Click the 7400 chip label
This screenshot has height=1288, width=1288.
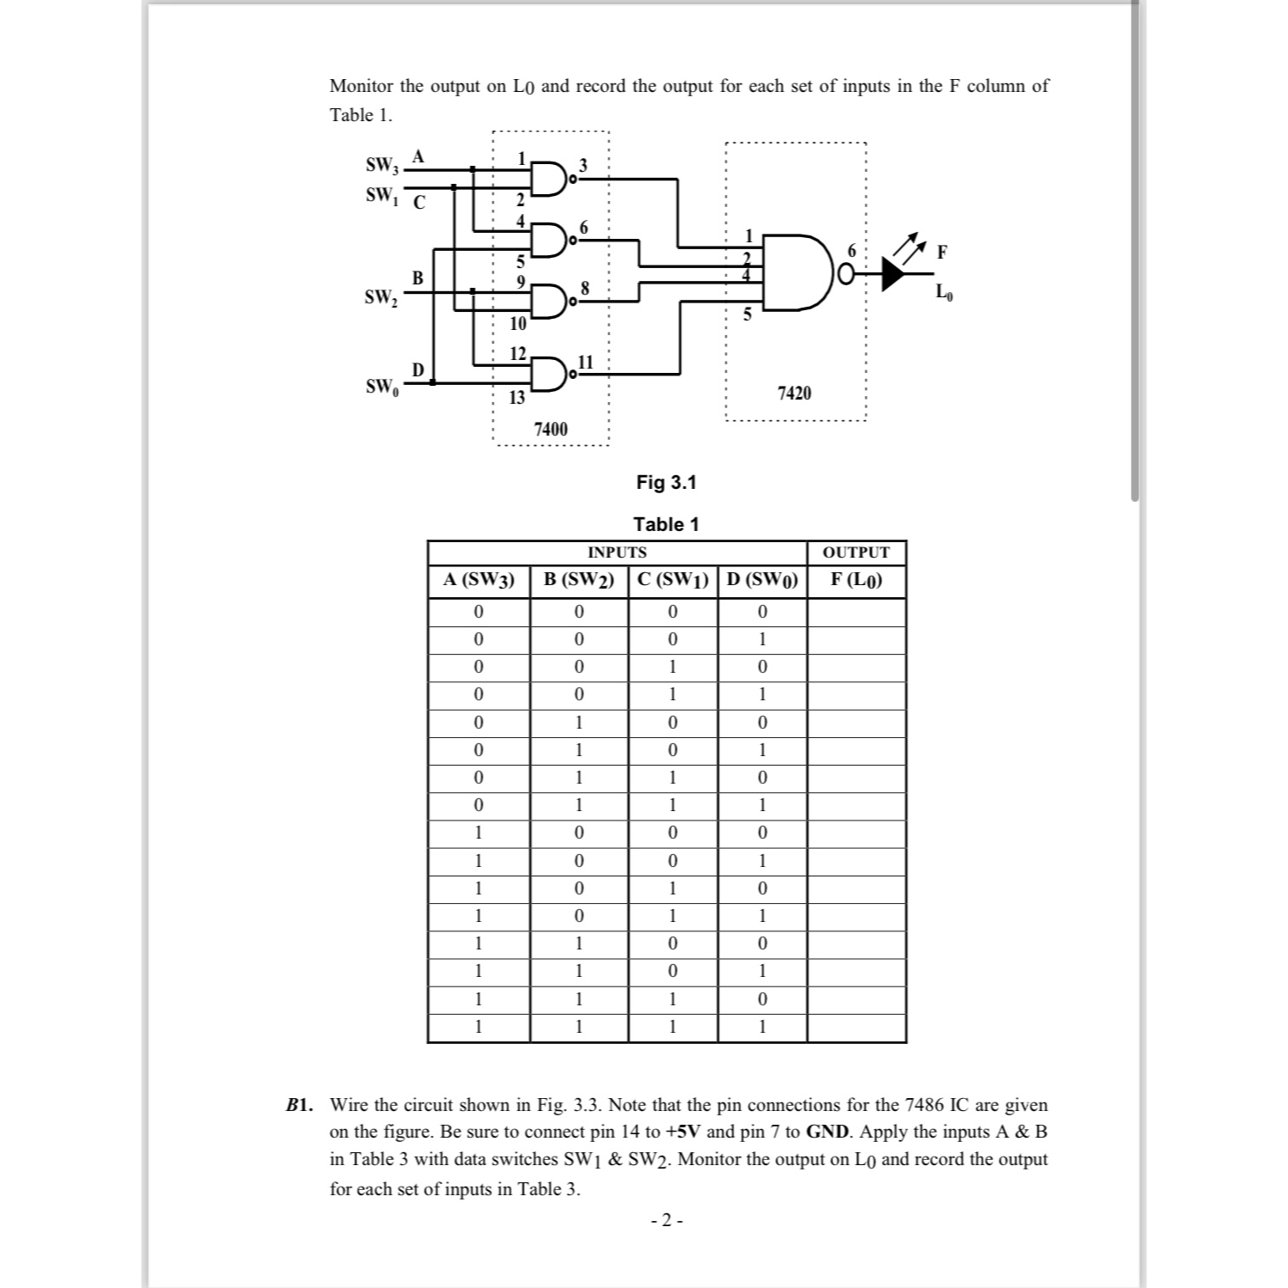551,429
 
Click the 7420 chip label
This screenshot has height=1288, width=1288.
794,394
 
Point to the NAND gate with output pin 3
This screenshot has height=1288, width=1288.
547,178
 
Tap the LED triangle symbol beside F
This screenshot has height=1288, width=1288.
894,273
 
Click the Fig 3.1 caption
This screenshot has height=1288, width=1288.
666,483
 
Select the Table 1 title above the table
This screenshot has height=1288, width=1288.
666,524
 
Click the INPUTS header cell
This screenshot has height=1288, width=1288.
617,552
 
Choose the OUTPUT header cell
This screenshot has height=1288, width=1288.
856,552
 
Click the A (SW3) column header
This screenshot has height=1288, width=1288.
479,580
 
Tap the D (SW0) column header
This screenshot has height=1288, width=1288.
762,580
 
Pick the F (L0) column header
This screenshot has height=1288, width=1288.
856,580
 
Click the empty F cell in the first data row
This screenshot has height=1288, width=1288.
856,613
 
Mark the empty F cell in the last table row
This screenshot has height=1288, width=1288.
856,1028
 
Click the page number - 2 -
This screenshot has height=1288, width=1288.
667,1220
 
